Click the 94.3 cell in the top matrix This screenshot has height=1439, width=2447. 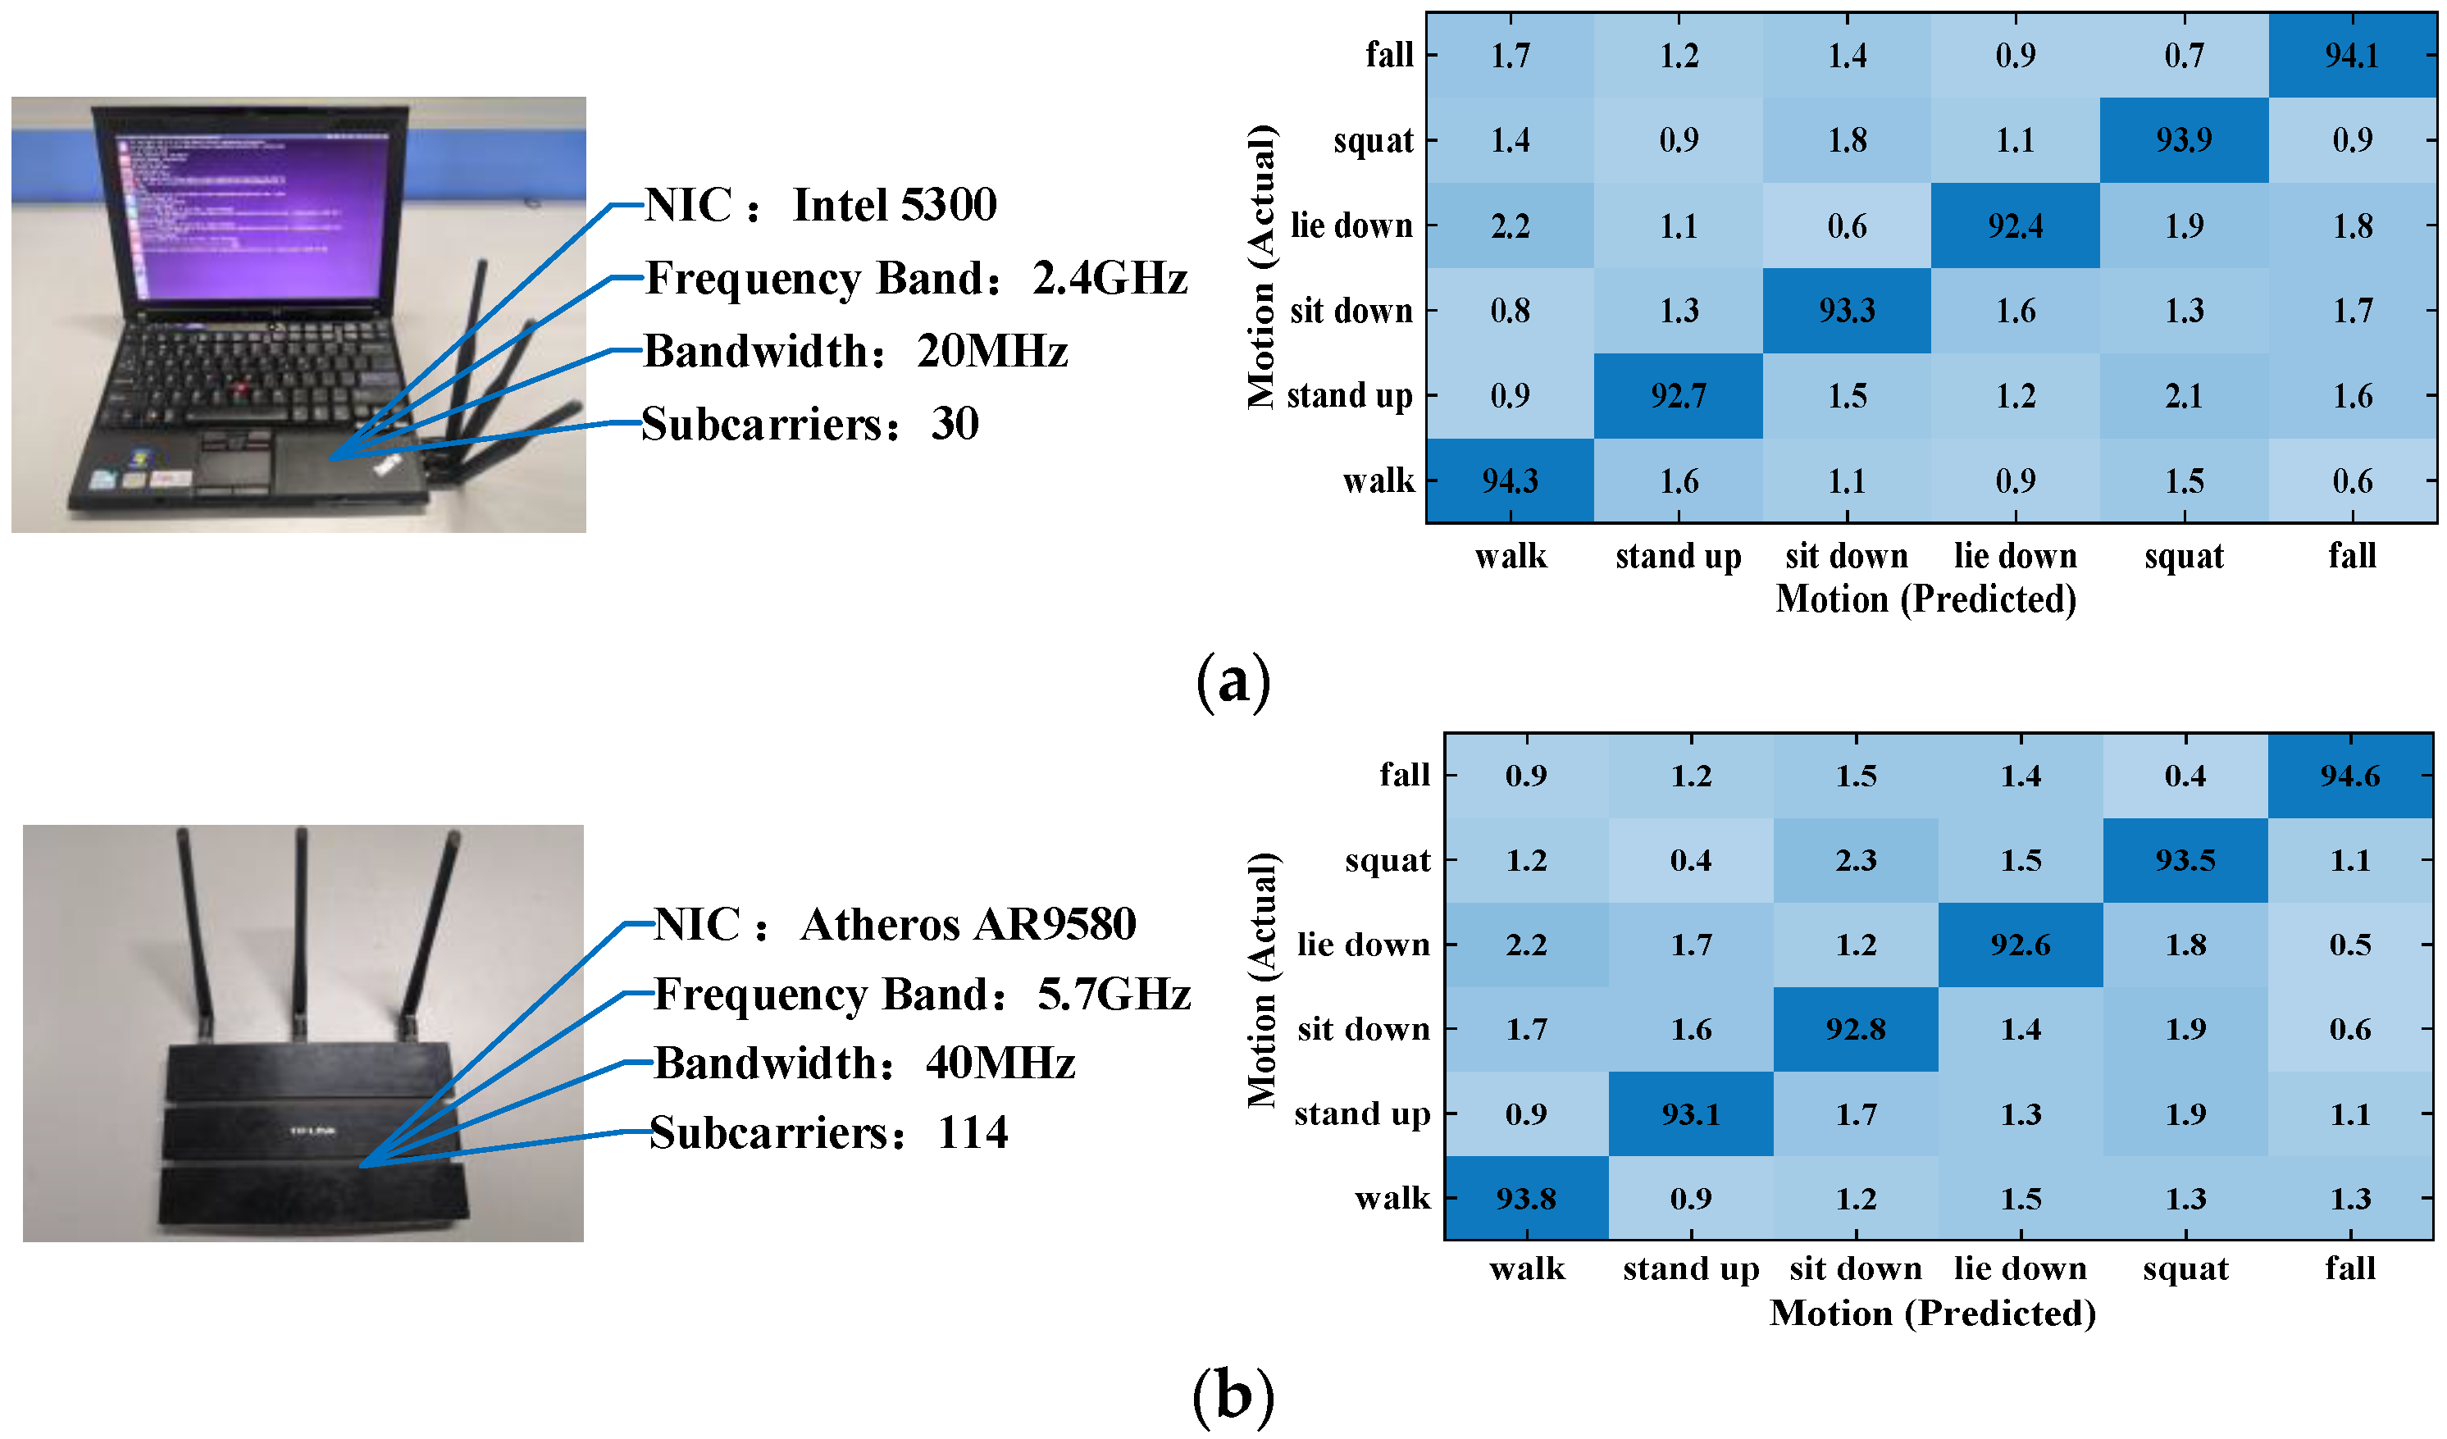pos(1509,480)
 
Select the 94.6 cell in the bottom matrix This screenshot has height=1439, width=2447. pos(2350,776)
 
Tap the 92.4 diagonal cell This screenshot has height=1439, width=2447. pos(2015,226)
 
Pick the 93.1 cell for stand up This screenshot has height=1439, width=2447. pos(1691,1113)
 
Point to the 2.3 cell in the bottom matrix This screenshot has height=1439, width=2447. pos(1856,860)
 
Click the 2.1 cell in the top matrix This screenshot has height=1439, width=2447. pos(2184,396)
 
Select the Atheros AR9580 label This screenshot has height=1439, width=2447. pos(968,924)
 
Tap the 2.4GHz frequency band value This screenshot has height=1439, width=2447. pos(1110,279)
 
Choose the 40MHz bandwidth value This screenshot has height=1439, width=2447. pos(1000,1063)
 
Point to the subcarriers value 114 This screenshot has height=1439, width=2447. pos(973,1133)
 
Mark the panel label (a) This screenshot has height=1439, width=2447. pos(1233,681)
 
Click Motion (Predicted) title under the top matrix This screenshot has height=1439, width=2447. pos(1925,599)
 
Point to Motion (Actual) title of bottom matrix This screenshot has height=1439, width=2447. pos(1261,981)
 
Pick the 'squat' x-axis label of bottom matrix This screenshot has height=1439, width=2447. pos(2185,1269)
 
